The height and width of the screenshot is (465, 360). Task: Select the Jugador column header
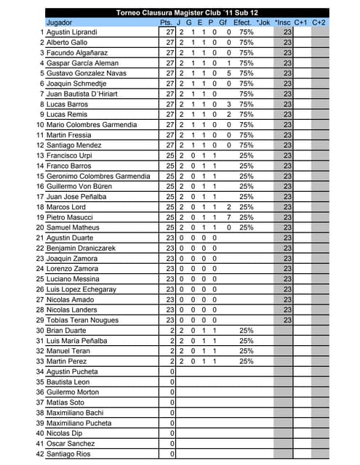click(59, 23)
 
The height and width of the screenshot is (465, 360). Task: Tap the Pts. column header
click(166, 23)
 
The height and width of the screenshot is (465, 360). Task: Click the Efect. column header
click(242, 23)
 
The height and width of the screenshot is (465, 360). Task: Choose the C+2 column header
click(319, 23)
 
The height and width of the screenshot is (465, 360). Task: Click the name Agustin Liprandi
click(72, 33)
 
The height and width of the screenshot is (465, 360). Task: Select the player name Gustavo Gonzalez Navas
click(85, 73)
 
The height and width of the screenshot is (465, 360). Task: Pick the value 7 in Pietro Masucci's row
click(228, 217)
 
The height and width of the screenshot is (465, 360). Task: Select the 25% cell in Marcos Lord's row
click(246, 207)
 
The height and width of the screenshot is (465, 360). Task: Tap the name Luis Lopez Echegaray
click(81, 289)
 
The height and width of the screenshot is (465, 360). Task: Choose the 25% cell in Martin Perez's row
click(246, 361)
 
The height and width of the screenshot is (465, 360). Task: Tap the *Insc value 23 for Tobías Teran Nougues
click(287, 320)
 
